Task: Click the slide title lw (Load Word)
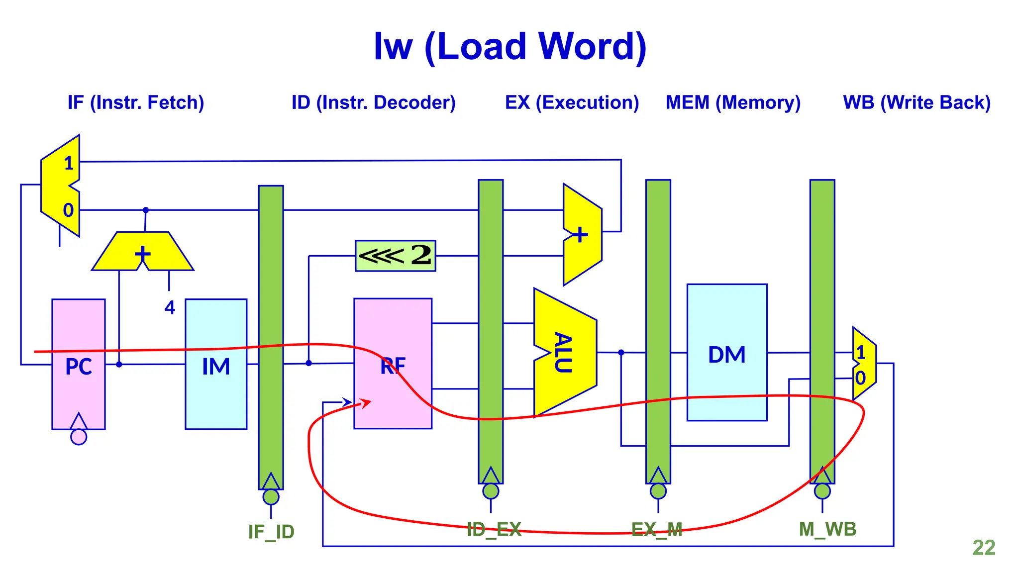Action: [509, 47]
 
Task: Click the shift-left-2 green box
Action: [396, 256]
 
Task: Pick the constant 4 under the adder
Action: [170, 307]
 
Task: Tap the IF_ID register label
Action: [271, 532]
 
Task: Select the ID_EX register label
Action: [494, 529]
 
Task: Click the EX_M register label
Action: [657, 529]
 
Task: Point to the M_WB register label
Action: [827, 529]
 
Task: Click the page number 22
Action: [984, 548]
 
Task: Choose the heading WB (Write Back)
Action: [917, 102]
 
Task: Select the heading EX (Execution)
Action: [572, 102]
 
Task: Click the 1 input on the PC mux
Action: [69, 163]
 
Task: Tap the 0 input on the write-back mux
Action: [860, 378]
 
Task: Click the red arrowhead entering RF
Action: [366, 402]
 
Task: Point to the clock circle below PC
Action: [79, 437]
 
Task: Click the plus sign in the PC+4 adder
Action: [143, 254]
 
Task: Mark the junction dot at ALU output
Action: [621, 352]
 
